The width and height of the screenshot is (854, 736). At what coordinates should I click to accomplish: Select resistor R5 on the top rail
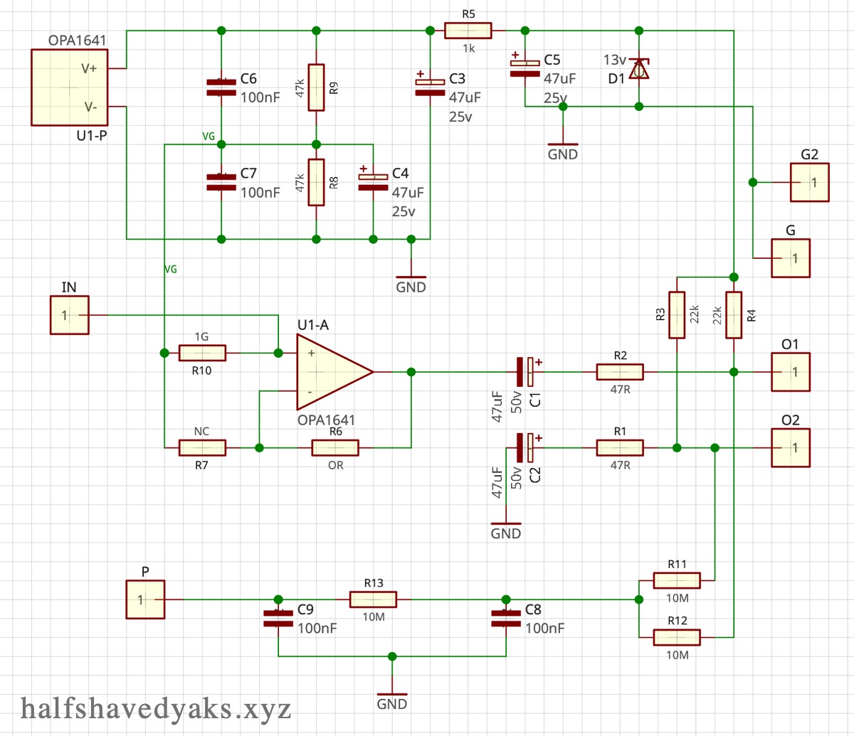click(468, 31)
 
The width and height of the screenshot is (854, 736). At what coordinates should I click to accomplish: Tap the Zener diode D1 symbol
click(639, 70)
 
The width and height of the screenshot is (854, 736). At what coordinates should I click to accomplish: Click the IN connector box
click(69, 315)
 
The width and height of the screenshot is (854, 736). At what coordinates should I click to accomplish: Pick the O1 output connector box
click(791, 372)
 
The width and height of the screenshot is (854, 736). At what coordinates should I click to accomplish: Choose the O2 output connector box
click(791, 447)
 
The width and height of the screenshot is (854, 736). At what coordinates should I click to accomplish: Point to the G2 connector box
click(809, 182)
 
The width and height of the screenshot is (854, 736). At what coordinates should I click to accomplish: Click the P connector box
click(145, 599)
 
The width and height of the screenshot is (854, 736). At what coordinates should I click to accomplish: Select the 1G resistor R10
click(202, 353)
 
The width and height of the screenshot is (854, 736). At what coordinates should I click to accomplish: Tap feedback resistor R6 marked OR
click(335, 447)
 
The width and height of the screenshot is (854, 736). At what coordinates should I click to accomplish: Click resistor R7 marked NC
click(202, 447)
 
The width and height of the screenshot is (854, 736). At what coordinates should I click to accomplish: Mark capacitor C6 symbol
click(221, 87)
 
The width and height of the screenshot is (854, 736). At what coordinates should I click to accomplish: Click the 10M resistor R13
click(373, 599)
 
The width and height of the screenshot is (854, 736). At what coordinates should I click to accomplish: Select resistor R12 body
click(677, 637)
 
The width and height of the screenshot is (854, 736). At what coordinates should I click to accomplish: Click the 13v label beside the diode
click(614, 59)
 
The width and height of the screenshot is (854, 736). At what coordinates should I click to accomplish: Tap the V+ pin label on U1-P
click(90, 68)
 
